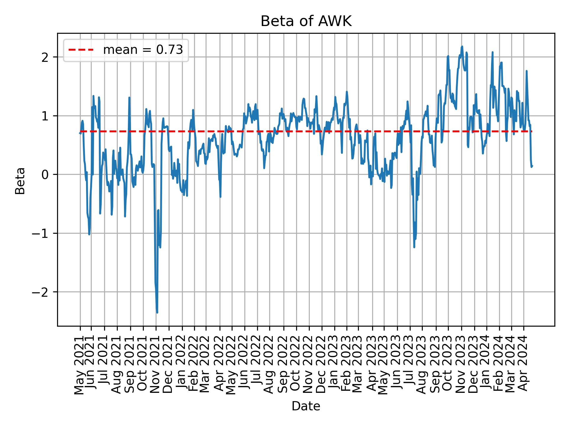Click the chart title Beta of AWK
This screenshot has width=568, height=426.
pyautogui.click(x=306, y=22)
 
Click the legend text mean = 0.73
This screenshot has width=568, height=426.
pyautogui.click(x=143, y=50)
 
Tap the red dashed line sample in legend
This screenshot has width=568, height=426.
pyautogui.click(x=81, y=50)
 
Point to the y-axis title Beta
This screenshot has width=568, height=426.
pyautogui.click(x=20, y=181)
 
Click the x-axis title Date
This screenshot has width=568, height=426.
pyautogui.click(x=306, y=406)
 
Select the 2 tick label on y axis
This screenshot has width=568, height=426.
pyautogui.click(x=45, y=57)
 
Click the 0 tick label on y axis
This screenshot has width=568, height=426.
pyautogui.click(x=45, y=175)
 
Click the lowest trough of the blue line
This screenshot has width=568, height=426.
pyautogui.click(x=157, y=312)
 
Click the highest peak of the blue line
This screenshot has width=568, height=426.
pyautogui.click(x=462, y=46)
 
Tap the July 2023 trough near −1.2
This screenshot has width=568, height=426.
pyautogui.click(x=414, y=247)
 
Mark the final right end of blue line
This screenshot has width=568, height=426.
pyautogui.click(x=532, y=166)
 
